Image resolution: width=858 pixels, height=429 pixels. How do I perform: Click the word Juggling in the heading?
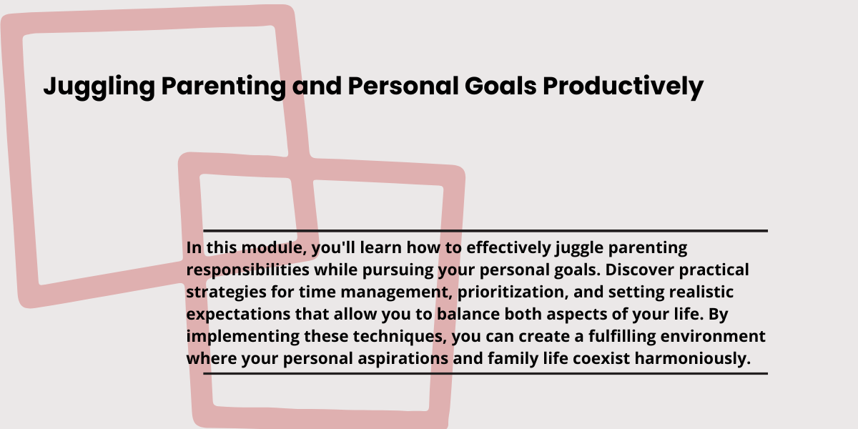tap(99, 87)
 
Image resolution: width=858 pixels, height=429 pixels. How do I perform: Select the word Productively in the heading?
tap(623, 87)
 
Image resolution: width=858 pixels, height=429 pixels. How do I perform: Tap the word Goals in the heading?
tap(500, 86)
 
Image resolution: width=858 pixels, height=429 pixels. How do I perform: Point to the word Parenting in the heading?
tap(224, 87)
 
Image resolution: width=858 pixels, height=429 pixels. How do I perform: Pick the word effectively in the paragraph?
tap(508, 248)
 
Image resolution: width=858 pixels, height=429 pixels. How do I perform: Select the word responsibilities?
tap(248, 270)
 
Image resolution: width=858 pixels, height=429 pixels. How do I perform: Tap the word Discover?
tap(640, 270)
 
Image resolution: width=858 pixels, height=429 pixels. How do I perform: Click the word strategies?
tap(227, 292)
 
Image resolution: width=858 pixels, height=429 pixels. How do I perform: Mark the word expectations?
tap(238, 315)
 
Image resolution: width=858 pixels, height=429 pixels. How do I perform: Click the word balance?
tap(468, 314)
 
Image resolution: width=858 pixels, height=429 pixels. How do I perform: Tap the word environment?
tap(713, 337)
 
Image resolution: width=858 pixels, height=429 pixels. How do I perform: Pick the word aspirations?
tap(403, 359)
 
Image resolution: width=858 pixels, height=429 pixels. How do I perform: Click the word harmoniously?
tap(693, 359)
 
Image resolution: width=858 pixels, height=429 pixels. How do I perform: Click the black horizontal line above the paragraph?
tap(485, 231)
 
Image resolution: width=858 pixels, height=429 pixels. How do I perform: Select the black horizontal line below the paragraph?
tap(485, 373)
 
